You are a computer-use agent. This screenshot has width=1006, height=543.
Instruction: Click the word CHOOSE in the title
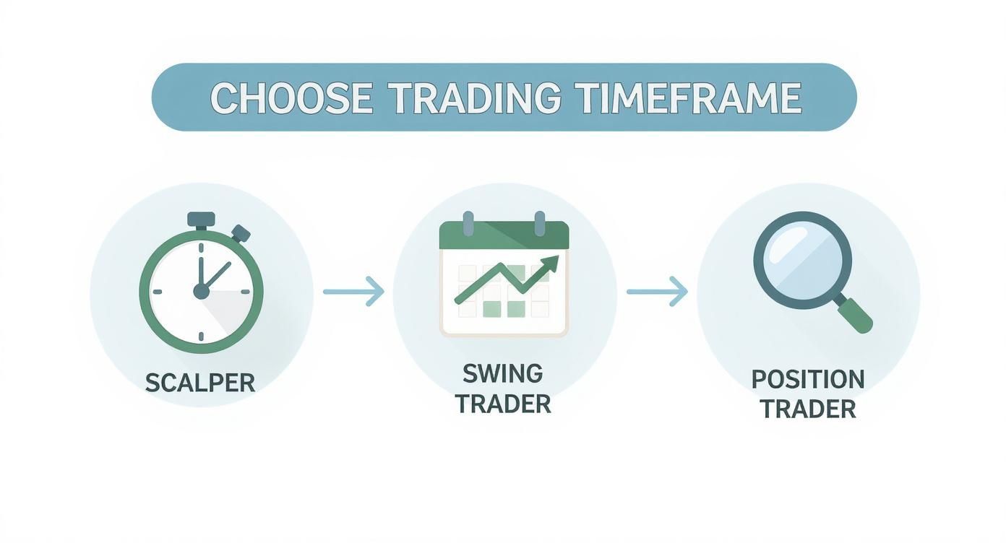click(x=291, y=98)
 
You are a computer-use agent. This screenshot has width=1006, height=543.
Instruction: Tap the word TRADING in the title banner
click(x=474, y=98)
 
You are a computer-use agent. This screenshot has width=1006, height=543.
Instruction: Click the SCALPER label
click(x=200, y=382)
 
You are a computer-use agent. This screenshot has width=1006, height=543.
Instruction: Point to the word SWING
click(x=502, y=373)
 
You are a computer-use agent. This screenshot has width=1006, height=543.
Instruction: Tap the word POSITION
click(x=807, y=379)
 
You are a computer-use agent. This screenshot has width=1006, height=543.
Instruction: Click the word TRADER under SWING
click(x=503, y=404)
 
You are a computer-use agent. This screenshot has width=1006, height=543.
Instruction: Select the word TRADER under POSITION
click(x=807, y=409)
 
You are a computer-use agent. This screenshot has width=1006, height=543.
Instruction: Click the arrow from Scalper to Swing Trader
click(x=353, y=291)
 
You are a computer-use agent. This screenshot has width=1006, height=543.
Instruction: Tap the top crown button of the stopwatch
click(x=201, y=219)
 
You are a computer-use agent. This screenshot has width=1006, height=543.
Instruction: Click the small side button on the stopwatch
click(x=241, y=233)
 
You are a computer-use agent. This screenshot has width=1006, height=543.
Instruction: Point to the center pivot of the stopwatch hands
click(x=201, y=291)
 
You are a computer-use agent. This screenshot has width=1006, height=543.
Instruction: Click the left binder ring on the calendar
click(x=468, y=223)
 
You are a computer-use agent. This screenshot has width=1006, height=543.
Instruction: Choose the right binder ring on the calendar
click(x=539, y=223)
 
